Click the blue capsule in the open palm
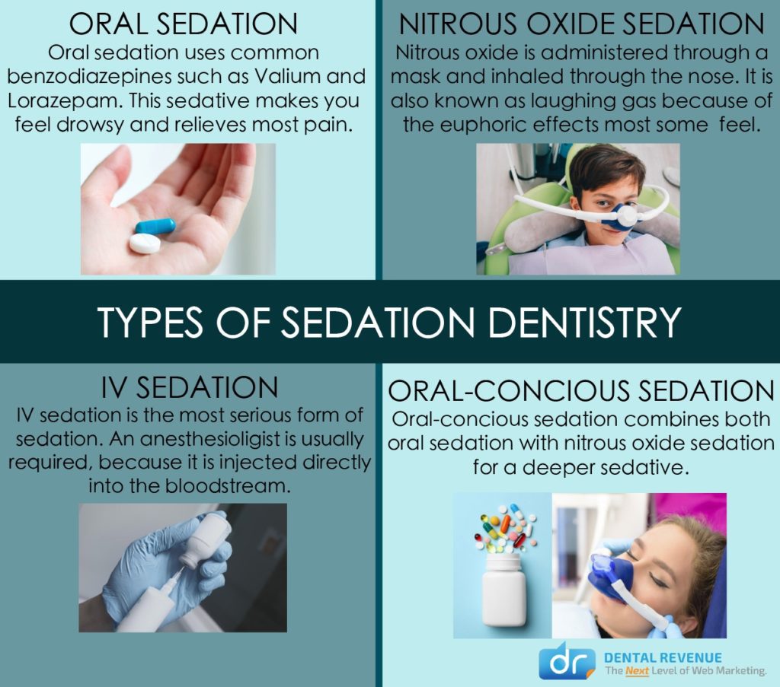155,226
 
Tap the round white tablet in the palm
145,243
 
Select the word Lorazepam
66,101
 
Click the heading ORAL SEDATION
184,24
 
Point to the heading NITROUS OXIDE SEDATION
581,24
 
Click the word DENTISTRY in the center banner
584,322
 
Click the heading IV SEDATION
190,387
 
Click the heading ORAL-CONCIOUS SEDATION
581,391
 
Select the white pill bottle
504,589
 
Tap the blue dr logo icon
567,662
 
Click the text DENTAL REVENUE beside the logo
663,657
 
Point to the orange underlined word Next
637,671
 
